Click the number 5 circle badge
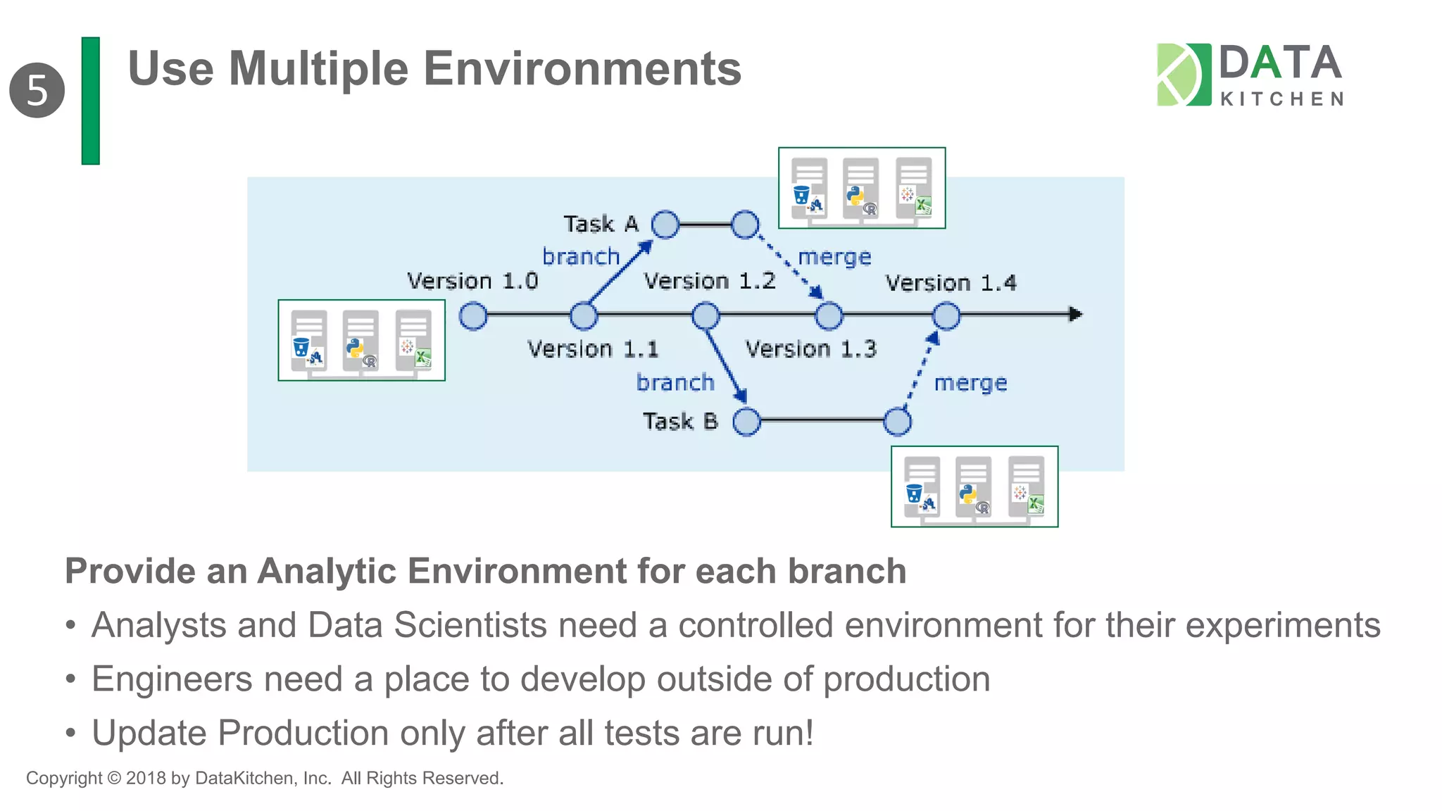(37, 90)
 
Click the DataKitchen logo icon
(1184, 75)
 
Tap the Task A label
(601, 224)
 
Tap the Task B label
(679, 421)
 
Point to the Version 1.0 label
(472, 281)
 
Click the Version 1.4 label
(951, 283)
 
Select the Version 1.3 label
(810, 348)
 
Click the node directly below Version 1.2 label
(706, 316)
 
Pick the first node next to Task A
(665, 225)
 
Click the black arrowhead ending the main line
(1074, 314)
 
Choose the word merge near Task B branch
(970, 383)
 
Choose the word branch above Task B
(675, 382)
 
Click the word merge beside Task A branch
(834, 257)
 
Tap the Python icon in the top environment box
(855, 195)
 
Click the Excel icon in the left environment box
(422, 358)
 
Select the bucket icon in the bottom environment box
(914, 493)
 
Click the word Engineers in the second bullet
(172, 679)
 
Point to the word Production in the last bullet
(303, 733)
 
